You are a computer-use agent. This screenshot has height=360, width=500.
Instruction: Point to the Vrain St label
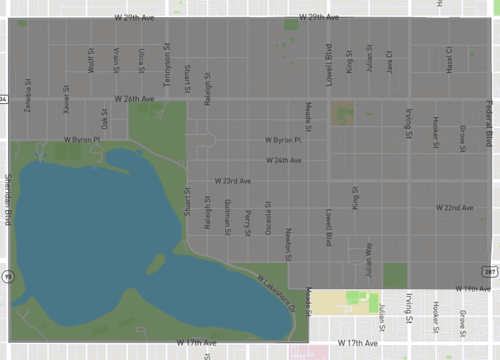tap(116, 59)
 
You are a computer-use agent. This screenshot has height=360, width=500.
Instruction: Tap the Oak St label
tap(103, 119)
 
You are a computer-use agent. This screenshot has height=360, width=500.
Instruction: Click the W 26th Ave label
tap(134, 99)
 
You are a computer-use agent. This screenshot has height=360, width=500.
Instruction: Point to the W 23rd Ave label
tap(233, 181)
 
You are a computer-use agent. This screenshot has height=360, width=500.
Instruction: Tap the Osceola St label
tap(267, 215)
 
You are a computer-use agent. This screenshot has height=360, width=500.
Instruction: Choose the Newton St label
tap(287, 238)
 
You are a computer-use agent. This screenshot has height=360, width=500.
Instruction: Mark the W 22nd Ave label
tap(454, 207)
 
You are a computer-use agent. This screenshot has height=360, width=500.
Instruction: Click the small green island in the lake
tap(155, 264)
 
